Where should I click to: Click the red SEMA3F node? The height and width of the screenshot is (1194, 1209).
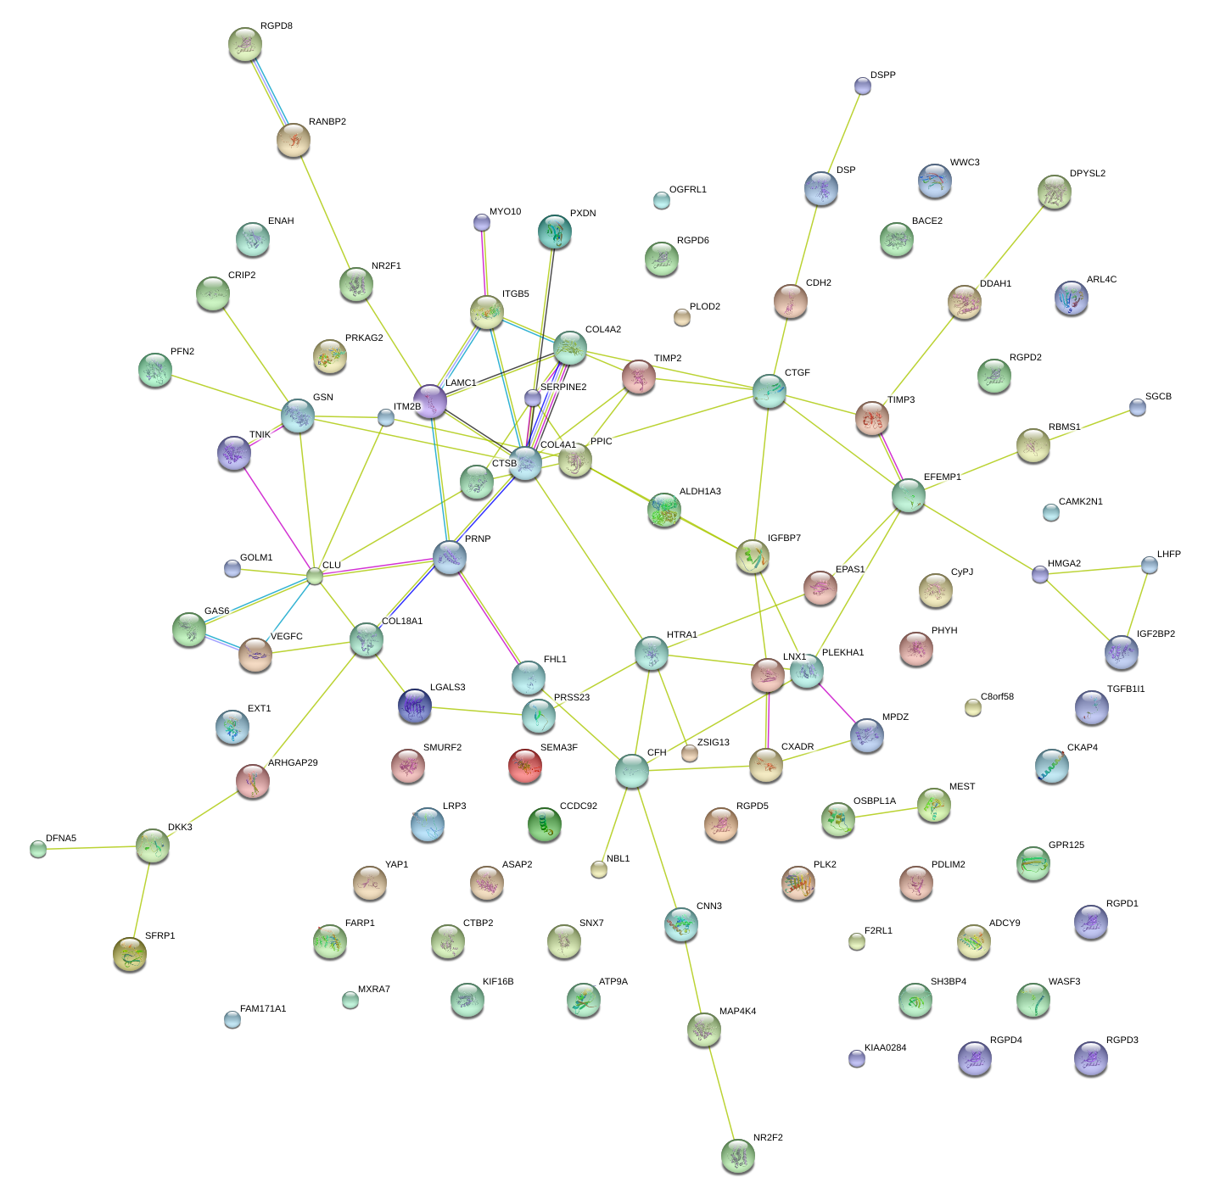click(525, 766)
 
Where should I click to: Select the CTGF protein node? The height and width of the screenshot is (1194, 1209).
click(770, 390)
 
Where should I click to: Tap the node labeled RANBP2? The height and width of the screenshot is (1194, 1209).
click(294, 140)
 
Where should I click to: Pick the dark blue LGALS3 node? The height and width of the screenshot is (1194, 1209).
click(415, 705)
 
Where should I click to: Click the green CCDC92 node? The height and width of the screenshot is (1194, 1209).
click(545, 823)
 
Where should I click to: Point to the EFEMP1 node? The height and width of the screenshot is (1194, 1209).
click(909, 495)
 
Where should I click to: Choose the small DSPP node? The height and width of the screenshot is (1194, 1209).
click(863, 86)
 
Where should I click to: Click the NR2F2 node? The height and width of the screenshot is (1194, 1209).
click(737, 1155)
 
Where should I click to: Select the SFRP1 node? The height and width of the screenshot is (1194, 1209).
click(130, 953)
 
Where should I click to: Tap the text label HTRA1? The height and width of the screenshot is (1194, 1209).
click(681, 634)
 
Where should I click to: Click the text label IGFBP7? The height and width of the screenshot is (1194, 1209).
click(784, 538)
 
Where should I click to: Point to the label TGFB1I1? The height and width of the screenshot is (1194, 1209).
click(1125, 689)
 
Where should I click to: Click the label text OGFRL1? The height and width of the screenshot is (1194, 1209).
click(687, 189)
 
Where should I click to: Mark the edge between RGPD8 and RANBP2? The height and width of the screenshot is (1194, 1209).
click(270, 92)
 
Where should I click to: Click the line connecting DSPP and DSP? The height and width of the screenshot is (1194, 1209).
click(842, 137)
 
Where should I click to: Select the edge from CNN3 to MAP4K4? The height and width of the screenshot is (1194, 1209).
click(692, 976)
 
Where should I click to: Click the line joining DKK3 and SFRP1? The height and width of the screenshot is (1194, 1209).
click(142, 899)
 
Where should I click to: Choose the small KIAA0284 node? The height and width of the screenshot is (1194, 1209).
click(857, 1058)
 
